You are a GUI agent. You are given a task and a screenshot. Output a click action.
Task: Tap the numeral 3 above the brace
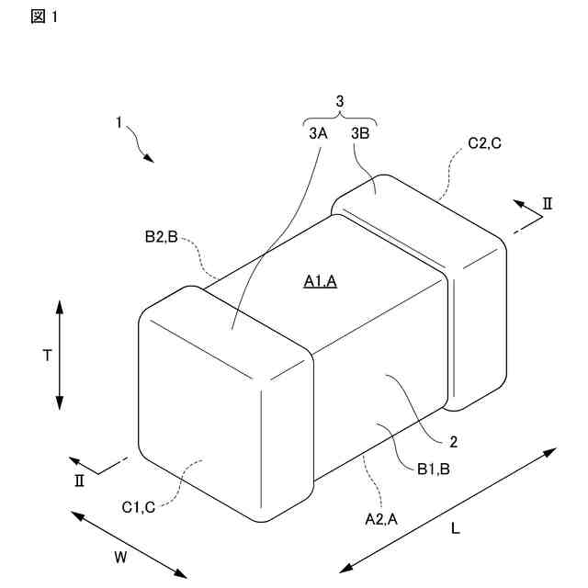pos(340,102)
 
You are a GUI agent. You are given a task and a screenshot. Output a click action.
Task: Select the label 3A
pos(318,133)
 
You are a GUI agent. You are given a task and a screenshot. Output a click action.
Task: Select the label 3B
pos(360,133)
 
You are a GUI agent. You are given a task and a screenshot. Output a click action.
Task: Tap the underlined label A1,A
pos(321,282)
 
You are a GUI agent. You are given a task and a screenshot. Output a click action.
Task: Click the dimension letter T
pos(46,356)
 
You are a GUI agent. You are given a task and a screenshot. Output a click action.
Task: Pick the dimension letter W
pos(120,556)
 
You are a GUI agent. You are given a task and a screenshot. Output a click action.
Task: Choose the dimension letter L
pos(456,528)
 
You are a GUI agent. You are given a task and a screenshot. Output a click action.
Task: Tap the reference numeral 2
pos(453,441)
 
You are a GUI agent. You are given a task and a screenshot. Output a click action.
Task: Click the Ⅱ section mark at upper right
pos(548,204)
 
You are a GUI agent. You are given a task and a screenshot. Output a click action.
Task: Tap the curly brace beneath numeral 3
pos(340,119)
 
